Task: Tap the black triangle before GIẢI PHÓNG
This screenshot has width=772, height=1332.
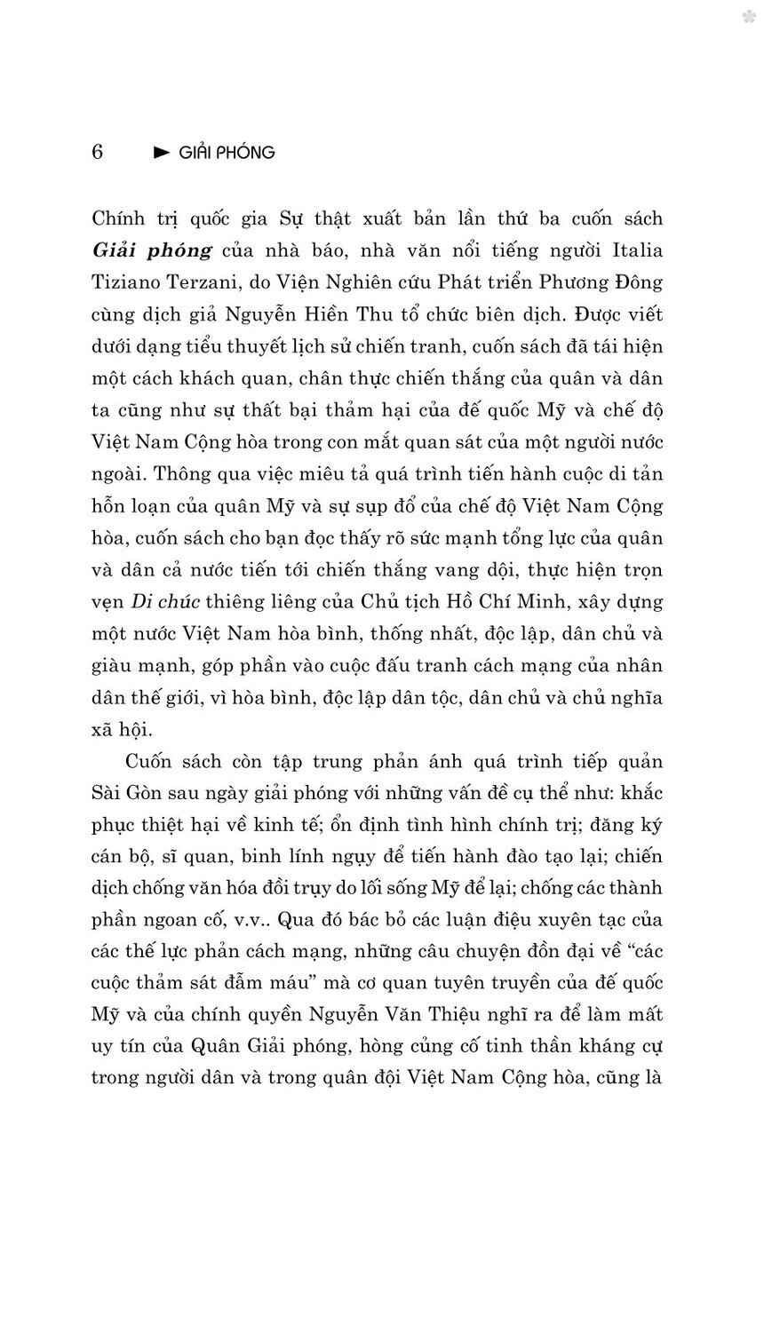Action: pyautogui.click(x=162, y=153)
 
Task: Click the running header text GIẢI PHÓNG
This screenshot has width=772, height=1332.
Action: pyautogui.click(x=227, y=153)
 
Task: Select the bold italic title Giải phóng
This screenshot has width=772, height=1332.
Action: pyautogui.click(x=152, y=250)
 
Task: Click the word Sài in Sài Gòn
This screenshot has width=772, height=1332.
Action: pyautogui.click(x=107, y=793)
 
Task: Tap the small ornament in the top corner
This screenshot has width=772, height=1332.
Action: pyautogui.click(x=749, y=16)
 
